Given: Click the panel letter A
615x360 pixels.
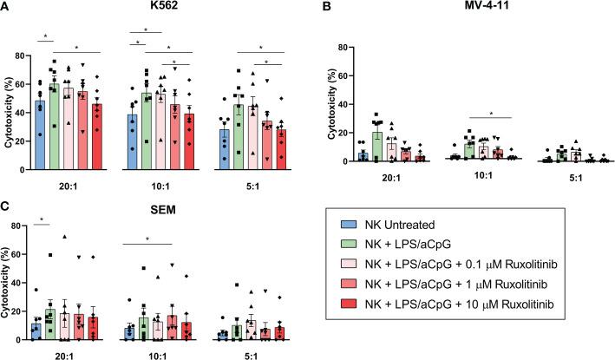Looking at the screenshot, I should [x=6, y=8].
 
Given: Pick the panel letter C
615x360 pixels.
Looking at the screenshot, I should [x=6, y=211].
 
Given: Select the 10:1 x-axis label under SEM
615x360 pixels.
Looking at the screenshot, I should [x=156, y=352].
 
